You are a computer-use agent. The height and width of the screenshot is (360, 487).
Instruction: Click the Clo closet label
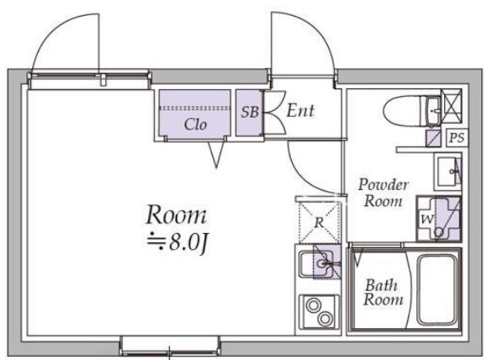point(195,124)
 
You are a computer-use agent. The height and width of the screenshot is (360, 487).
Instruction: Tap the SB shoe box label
point(250,112)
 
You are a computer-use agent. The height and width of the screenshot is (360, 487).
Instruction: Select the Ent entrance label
point(300,110)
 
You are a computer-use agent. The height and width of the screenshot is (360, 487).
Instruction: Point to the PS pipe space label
point(458,137)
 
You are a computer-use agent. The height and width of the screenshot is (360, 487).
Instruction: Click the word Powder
point(383,185)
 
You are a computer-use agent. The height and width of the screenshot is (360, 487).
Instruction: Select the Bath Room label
point(384,292)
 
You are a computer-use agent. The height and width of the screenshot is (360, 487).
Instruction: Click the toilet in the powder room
point(412,111)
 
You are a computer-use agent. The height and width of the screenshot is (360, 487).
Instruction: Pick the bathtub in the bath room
point(437,290)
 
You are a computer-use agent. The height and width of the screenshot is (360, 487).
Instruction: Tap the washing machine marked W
point(438,219)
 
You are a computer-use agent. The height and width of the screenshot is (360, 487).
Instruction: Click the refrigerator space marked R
point(318,222)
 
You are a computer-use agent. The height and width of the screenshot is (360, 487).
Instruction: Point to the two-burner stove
point(319,311)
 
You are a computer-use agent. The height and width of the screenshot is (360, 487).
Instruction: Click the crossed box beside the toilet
point(452,106)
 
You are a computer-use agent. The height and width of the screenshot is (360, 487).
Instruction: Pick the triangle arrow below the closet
point(216,155)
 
